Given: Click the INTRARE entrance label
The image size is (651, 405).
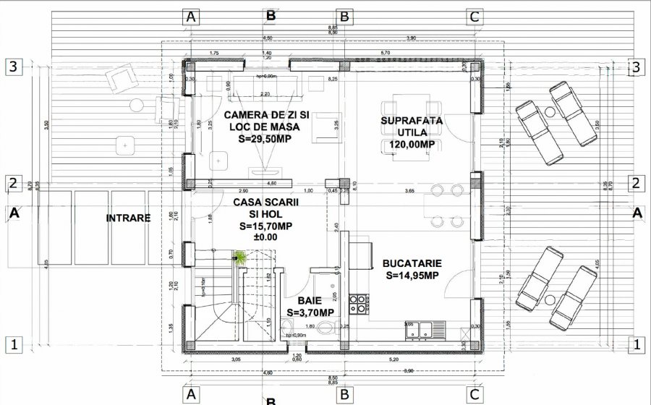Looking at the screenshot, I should [x=129, y=217].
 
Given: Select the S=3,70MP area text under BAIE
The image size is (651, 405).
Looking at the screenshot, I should [x=310, y=312].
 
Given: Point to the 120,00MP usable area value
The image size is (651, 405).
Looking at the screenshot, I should [x=412, y=145].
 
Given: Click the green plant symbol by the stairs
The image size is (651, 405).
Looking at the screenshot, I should [x=239, y=256].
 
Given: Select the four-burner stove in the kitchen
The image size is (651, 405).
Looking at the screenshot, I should [x=357, y=304].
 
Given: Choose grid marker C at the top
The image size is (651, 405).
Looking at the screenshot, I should [x=475, y=16].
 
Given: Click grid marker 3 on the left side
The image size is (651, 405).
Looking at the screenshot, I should [x=12, y=67].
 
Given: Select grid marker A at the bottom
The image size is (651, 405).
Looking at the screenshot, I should [x=191, y=394].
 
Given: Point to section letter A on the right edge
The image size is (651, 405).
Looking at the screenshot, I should [x=637, y=213].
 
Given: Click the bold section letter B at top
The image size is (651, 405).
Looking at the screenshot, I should [x=271, y=14].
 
